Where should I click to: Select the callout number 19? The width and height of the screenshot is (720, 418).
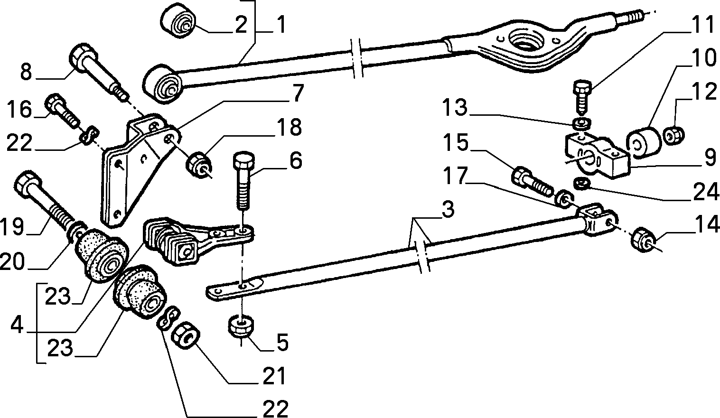[12, 226]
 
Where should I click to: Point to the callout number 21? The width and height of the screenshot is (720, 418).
[274, 376]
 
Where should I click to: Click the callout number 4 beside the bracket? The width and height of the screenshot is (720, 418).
[17, 325]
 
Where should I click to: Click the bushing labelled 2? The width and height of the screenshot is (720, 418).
[178, 20]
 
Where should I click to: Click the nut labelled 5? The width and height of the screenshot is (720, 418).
[240, 326]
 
